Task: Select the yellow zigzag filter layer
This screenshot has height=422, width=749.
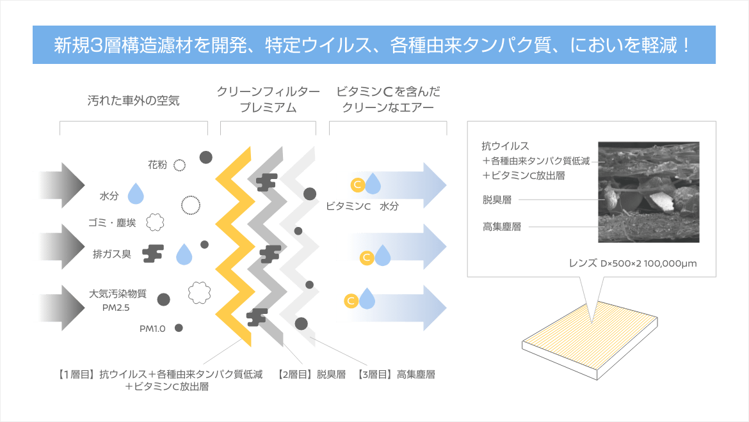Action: click(233, 249)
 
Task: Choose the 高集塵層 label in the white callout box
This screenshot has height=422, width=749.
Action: click(502, 226)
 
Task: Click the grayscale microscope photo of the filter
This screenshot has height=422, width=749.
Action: click(648, 192)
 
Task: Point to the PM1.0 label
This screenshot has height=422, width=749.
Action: click(154, 329)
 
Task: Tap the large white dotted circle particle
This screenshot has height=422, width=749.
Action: click(190, 205)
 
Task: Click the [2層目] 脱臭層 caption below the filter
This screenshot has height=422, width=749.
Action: click(309, 373)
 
